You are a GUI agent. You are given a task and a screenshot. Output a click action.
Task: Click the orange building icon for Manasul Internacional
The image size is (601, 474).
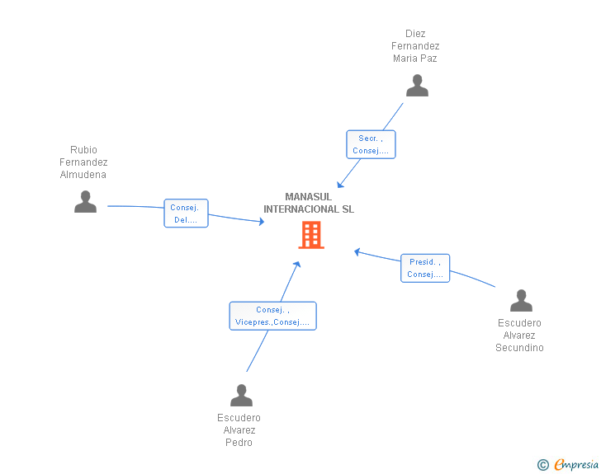click(x=311, y=235)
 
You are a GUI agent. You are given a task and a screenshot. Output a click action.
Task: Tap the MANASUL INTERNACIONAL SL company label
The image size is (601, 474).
click(x=309, y=203)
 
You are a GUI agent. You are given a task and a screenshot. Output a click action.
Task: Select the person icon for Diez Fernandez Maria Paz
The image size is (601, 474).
click(x=417, y=86)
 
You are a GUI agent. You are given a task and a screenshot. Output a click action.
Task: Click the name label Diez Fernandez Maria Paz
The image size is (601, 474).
click(x=415, y=46)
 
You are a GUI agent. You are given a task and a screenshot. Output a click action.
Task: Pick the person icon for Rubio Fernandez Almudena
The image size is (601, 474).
click(x=85, y=202)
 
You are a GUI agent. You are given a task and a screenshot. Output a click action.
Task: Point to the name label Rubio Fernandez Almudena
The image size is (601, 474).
click(x=83, y=162)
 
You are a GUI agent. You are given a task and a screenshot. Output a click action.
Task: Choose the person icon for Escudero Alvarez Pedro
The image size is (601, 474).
click(x=241, y=396)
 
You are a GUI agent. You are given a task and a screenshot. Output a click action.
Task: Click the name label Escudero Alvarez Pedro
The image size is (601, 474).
click(x=239, y=430)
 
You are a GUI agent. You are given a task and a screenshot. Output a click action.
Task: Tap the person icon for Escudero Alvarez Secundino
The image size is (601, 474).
click(x=521, y=301)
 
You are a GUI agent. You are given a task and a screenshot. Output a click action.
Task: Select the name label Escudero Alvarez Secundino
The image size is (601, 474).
click(x=519, y=336)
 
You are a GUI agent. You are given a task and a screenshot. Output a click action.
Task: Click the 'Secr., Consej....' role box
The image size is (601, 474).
click(x=371, y=144)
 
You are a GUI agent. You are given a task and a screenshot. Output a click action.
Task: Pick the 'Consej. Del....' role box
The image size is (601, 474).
click(x=186, y=214)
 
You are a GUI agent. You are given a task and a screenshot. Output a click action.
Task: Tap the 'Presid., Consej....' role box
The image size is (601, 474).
click(x=425, y=268)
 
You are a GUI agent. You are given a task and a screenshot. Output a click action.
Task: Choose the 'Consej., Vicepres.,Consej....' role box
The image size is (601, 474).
click(x=272, y=316)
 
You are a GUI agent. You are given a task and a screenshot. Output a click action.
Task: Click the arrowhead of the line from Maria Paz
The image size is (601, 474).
click(x=339, y=185)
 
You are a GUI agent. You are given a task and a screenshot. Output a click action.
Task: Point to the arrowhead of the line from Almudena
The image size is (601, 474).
click(x=261, y=221)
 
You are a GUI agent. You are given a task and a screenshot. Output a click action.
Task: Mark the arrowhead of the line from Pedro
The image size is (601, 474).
click(x=297, y=264)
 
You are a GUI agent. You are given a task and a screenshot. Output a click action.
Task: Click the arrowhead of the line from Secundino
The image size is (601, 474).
click(x=357, y=251)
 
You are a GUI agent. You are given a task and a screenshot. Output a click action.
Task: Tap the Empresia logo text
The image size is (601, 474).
click(x=576, y=465)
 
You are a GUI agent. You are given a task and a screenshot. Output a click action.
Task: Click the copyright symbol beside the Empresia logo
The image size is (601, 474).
click(x=542, y=466)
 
